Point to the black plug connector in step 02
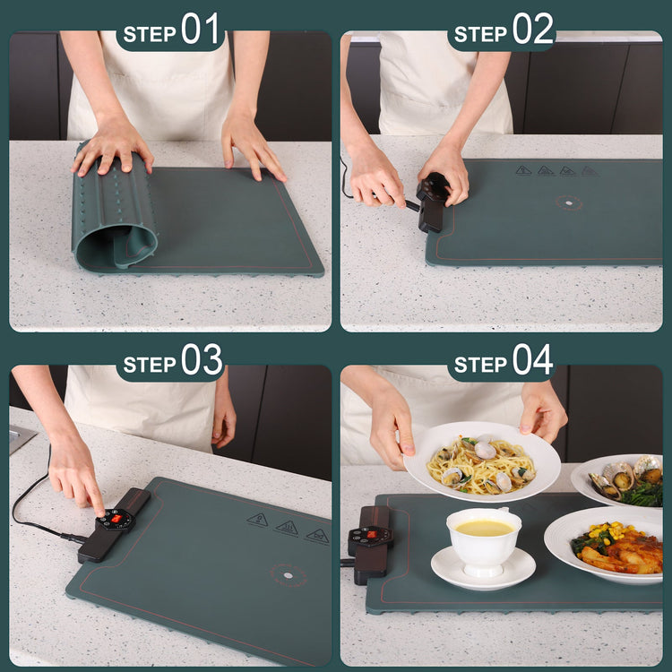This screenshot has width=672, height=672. point(433,202)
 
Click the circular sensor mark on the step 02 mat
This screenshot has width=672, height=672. point(568,202)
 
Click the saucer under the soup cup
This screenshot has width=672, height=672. point(483,570)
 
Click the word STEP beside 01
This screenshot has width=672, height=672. point(150,34)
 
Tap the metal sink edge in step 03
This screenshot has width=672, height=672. point(21,438)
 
